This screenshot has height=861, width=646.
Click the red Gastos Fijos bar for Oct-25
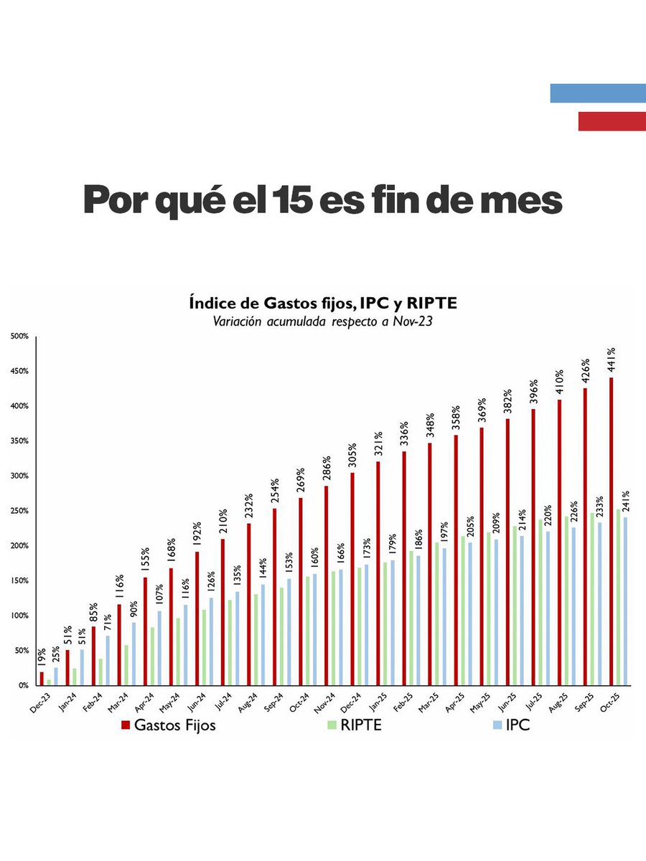click(612, 531)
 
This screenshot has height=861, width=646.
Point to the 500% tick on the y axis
click(19, 337)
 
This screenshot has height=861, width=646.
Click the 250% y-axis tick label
click(19, 511)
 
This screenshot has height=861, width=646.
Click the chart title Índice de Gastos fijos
click(322, 304)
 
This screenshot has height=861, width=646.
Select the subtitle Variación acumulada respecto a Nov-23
click(322, 321)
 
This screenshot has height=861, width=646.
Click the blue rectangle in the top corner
click(597, 93)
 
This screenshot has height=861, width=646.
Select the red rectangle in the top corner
click(612, 121)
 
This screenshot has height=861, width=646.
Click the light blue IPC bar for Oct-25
click(624, 601)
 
